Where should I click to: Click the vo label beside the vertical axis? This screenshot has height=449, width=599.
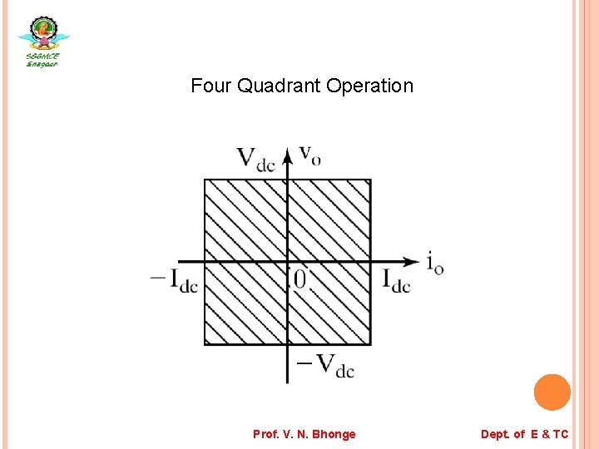[309, 155]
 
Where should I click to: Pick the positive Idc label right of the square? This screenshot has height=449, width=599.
[396, 279]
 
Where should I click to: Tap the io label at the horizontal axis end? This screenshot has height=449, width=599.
[434, 264]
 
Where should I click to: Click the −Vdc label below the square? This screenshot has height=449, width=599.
[324, 364]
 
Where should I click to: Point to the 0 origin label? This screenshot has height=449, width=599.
[299, 280]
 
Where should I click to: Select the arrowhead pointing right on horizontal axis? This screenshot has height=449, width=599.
[411, 261]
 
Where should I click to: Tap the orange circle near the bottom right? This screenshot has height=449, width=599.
[552, 392]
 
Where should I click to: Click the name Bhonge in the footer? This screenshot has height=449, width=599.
[334, 434]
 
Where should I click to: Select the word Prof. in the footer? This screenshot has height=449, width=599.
[265, 434]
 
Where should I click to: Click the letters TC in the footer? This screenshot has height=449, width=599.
[560, 434]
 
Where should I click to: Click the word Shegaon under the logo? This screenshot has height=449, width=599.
[42, 64]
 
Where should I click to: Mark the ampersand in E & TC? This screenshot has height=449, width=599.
[544, 434]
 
